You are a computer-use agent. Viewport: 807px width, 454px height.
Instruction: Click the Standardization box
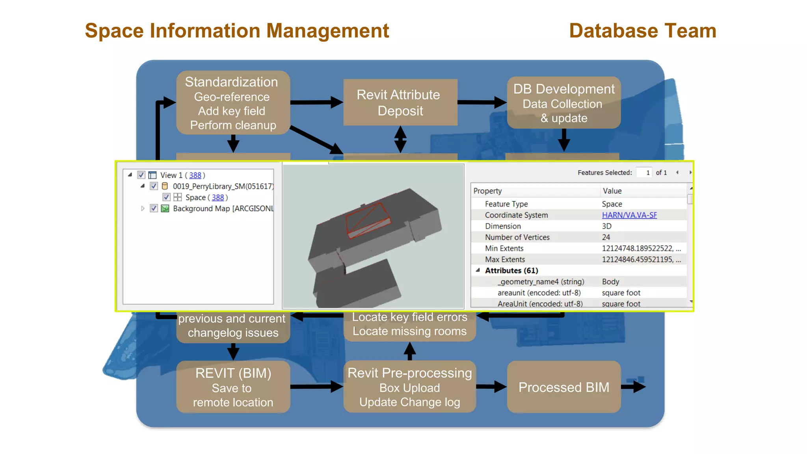coord(233,102)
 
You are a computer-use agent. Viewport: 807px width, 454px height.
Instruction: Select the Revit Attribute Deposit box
coord(400,102)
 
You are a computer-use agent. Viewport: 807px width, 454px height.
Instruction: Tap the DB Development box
coord(563,102)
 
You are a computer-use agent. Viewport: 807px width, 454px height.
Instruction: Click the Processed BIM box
coord(563,387)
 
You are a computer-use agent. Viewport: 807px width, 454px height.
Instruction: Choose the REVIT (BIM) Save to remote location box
coord(233,387)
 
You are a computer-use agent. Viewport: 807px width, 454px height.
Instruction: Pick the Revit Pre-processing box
coord(409,387)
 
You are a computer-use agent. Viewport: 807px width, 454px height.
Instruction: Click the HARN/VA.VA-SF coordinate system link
coord(629,215)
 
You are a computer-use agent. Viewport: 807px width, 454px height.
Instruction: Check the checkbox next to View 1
coord(141,175)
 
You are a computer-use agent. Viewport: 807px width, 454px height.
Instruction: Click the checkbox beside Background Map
coord(154,208)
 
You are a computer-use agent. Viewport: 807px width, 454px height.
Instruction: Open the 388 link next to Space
coord(218,197)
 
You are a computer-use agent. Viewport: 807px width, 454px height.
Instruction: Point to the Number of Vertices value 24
coord(606,237)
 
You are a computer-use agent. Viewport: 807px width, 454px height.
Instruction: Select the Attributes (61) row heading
coord(511,271)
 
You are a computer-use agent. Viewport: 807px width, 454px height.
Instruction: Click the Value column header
coord(612,191)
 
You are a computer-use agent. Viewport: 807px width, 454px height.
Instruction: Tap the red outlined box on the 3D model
coord(368,221)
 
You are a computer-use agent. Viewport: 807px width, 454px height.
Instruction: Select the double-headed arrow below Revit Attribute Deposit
coord(400,139)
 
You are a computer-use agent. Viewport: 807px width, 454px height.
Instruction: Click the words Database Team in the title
coord(642,31)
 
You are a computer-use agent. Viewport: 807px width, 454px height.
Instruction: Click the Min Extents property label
coord(504,248)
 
